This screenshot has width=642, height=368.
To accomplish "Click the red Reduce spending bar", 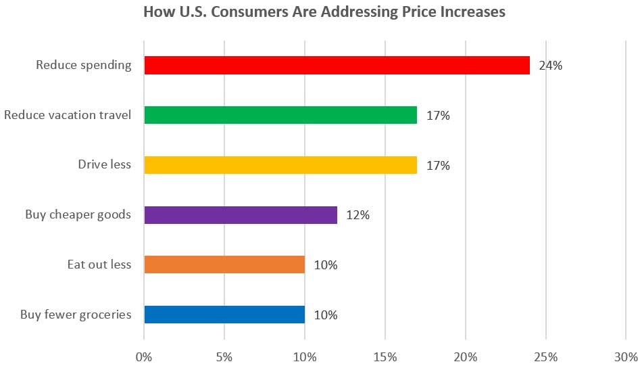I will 337,66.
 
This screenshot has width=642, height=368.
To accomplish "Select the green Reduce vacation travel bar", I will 280,115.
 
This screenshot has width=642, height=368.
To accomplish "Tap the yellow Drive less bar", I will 280,165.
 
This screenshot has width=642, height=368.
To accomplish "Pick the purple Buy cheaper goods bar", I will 241,215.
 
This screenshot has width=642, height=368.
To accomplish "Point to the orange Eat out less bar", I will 224,264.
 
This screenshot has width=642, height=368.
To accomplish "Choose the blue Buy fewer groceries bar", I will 224,315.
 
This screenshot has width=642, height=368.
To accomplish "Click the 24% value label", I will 551,66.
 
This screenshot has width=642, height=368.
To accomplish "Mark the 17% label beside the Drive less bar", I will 438,165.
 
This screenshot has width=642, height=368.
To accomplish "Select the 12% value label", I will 358,215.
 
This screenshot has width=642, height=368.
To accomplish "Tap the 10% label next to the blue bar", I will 326,315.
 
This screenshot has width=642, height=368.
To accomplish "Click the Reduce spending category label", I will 83,66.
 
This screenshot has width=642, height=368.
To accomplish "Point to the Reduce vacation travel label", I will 68,115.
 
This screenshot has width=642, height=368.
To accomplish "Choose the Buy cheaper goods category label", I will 78,215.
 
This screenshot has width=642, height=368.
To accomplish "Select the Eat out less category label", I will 99,264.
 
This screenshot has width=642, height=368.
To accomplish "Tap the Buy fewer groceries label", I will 76,315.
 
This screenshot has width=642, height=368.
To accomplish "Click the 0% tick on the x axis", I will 144,356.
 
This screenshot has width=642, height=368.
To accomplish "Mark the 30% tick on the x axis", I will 625,356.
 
